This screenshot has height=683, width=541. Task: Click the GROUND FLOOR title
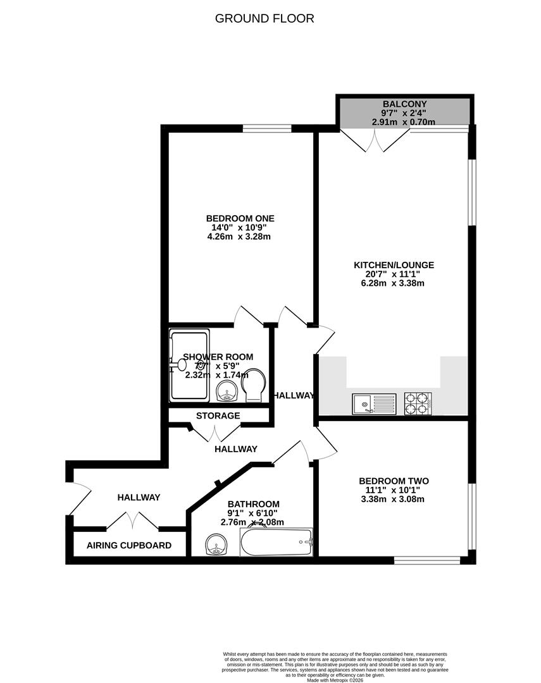tap(264, 18)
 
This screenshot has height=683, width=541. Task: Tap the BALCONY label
tap(404, 104)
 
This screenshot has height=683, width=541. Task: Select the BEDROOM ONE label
tap(240, 218)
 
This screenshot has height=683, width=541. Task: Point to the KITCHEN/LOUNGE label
tap(394, 265)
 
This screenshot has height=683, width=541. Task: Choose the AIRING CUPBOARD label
tap(129, 545)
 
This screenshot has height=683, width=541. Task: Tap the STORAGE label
tap(218, 415)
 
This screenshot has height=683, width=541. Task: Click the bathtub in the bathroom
tap(277, 543)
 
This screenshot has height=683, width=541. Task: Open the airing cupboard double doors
tap(132, 520)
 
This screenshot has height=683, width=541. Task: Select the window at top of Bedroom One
tap(267, 128)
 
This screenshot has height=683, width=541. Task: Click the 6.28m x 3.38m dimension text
tap(394, 283)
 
